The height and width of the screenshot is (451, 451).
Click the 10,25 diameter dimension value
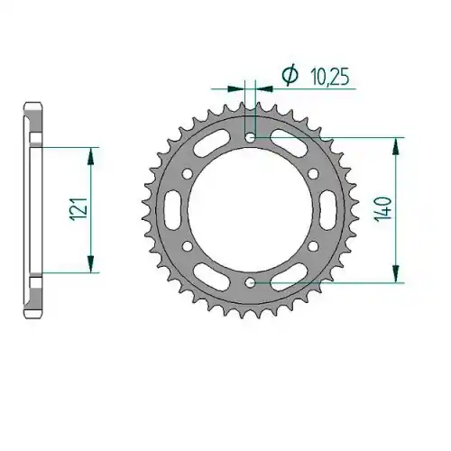tap(330, 78)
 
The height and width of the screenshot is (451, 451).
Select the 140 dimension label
tap(383, 208)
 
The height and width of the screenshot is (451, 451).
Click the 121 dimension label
tap(78, 208)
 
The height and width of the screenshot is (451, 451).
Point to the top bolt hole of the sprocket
tap(250, 138)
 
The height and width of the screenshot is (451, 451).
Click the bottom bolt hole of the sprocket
tap(250, 282)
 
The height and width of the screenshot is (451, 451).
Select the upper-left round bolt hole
tap(188, 174)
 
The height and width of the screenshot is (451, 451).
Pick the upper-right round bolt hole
tap(313, 173)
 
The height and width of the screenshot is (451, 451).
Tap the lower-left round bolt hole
tap(188, 246)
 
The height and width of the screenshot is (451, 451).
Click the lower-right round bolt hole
tap(313, 246)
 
